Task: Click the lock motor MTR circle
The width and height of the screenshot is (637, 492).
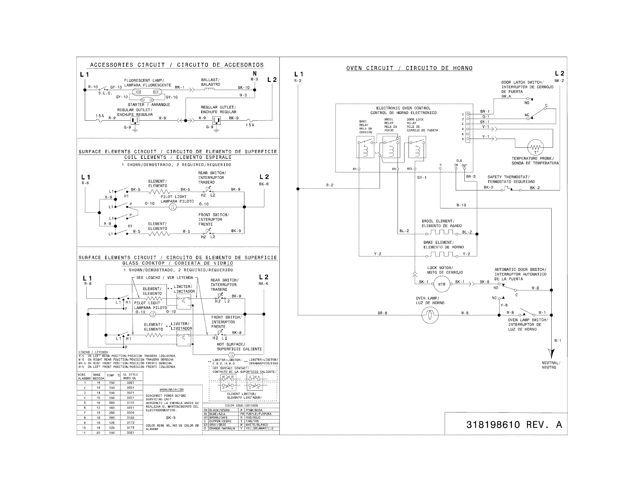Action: (441, 284)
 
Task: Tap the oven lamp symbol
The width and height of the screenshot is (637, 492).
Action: (430, 315)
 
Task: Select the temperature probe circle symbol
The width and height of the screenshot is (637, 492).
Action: (536, 147)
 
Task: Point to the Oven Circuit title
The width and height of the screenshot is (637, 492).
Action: (409, 68)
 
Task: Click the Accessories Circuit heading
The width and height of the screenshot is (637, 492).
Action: (177, 65)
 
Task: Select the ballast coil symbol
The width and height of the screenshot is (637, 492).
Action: (210, 89)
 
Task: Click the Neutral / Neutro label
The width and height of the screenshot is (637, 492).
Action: (551, 365)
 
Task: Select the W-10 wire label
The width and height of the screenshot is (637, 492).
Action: (461, 205)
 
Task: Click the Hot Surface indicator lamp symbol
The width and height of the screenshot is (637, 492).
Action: (231, 355)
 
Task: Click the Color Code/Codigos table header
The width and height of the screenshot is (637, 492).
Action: (241, 405)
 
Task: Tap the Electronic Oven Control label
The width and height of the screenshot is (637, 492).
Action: (403, 110)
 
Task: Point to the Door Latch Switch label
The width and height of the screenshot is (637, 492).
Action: (527, 87)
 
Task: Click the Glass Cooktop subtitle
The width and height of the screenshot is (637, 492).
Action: (177, 263)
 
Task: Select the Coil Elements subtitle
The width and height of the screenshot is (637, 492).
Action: (177, 157)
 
